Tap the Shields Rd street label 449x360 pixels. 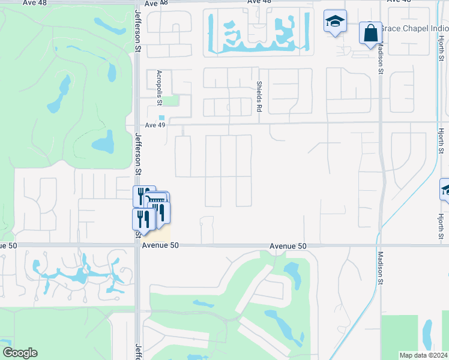(x=260, y=97)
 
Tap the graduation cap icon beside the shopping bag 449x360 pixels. (x=335, y=22)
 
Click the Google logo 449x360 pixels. (x=20, y=352)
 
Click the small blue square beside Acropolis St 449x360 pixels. (x=161, y=117)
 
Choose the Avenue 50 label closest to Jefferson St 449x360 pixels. (x=161, y=246)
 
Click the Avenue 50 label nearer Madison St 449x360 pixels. (x=288, y=246)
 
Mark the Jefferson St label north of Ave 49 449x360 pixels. (x=138, y=31)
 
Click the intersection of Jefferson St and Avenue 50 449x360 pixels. (x=137, y=245)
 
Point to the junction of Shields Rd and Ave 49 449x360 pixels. (x=259, y=124)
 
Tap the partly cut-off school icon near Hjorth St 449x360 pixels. (x=445, y=190)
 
